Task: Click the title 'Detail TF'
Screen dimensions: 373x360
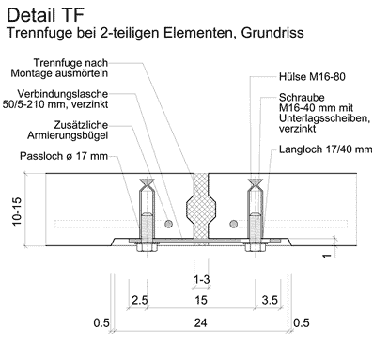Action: coord(45,15)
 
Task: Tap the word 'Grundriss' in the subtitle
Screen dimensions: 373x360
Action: coord(272,33)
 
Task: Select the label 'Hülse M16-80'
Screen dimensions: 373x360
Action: coord(312,77)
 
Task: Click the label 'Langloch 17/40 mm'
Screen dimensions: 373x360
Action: coord(326,149)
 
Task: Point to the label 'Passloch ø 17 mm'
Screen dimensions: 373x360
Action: coord(64,156)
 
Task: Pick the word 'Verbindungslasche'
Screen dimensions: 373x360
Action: coord(63,94)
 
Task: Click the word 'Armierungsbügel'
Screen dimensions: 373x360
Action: coord(68,135)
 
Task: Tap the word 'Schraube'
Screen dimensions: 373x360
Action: coord(302,98)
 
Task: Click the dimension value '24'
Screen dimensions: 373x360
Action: coord(201,322)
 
